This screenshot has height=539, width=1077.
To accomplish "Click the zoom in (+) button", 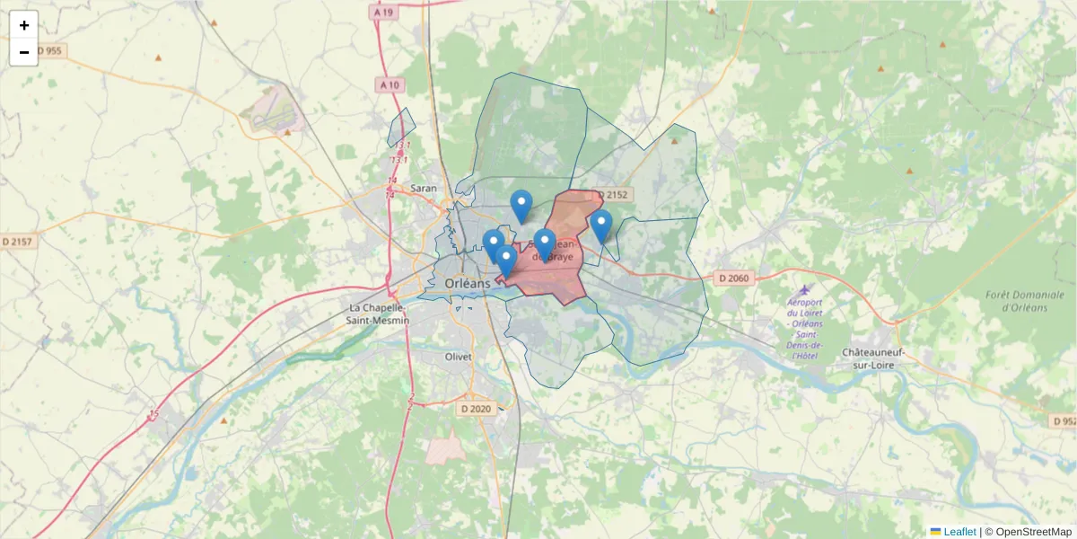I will point(24,25).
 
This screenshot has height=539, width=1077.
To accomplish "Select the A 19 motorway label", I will point(384,13).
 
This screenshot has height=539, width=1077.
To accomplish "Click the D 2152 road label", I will point(612,195).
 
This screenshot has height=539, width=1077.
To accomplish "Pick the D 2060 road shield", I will point(733,278).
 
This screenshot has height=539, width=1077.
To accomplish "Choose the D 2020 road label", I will point(476,409).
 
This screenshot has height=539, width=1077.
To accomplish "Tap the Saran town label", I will point(423,189).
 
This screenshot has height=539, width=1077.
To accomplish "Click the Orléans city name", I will point(468,284).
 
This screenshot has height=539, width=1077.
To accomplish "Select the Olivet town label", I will point(458,357).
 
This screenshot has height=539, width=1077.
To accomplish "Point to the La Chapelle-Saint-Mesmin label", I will point(379,314).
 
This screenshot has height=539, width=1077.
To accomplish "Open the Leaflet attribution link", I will point(959,532).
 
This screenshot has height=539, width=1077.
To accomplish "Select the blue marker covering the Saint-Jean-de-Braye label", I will point(545,243).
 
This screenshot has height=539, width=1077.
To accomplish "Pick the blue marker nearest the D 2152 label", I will point(601,225).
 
